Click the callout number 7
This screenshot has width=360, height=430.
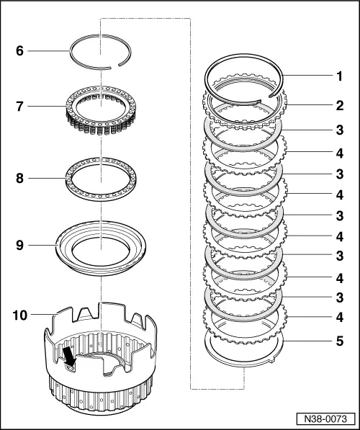tap(20, 107)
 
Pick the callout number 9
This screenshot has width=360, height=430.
tap(20, 245)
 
